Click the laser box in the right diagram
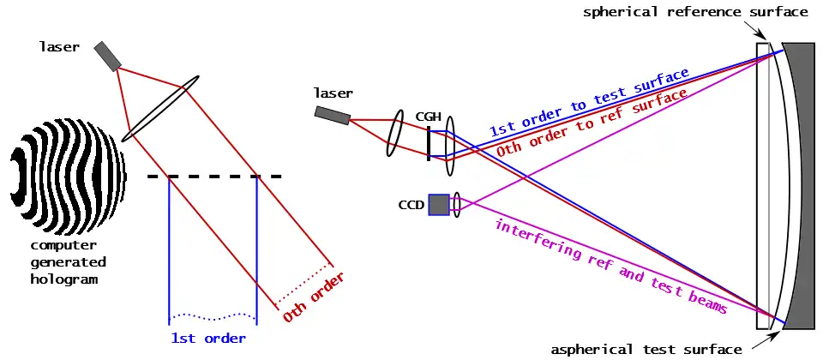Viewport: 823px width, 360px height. point(332,114)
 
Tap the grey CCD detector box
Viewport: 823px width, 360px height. point(438,204)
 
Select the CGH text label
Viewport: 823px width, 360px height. point(429,116)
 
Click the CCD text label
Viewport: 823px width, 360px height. point(411,205)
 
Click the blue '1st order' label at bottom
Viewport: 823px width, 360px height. point(207,338)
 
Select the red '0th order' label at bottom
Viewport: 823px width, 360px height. point(314,297)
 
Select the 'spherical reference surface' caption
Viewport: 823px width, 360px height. point(695,12)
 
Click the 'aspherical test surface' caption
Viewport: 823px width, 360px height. point(646,349)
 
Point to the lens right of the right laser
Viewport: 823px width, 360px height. point(395,133)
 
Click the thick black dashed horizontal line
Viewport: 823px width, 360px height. point(214,177)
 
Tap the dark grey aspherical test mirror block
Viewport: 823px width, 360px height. point(801,185)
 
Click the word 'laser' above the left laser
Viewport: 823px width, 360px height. point(59,46)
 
